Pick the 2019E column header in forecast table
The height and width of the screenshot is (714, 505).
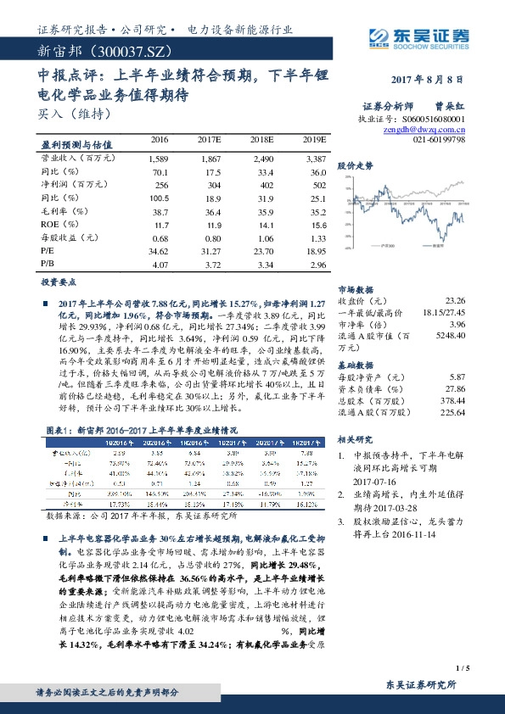tap(314, 139)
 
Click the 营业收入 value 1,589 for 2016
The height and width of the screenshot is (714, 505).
tap(159, 159)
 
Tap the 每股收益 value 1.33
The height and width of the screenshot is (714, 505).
tap(316, 238)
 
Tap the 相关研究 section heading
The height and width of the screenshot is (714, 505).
tap(356, 440)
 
